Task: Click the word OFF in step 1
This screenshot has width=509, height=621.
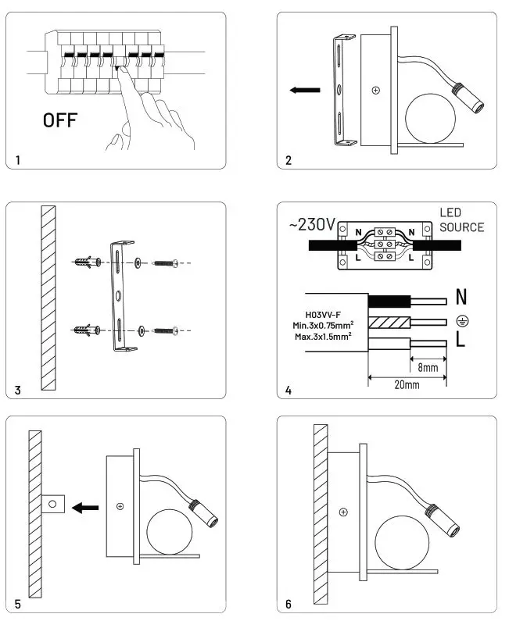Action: pyautogui.click(x=59, y=120)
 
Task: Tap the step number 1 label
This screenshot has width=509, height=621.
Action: pyautogui.click(x=18, y=160)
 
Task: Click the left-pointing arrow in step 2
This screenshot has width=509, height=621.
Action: pyautogui.click(x=304, y=91)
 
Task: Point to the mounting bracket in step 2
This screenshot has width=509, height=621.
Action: pyautogui.click(x=340, y=90)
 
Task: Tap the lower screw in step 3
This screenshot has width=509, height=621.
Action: pyautogui.click(x=165, y=331)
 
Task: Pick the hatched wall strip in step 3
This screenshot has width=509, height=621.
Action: pyautogui.click(x=48, y=297)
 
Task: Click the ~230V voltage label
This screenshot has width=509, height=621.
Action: pyautogui.click(x=312, y=225)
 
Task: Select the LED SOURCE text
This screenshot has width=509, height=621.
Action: pyautogui.click(x=461, y=219)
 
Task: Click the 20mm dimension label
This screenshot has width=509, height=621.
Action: pyautogui.click(x=406, y=386)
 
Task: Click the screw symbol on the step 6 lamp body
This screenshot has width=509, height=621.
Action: pyautogui.click(x=343, y=512)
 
